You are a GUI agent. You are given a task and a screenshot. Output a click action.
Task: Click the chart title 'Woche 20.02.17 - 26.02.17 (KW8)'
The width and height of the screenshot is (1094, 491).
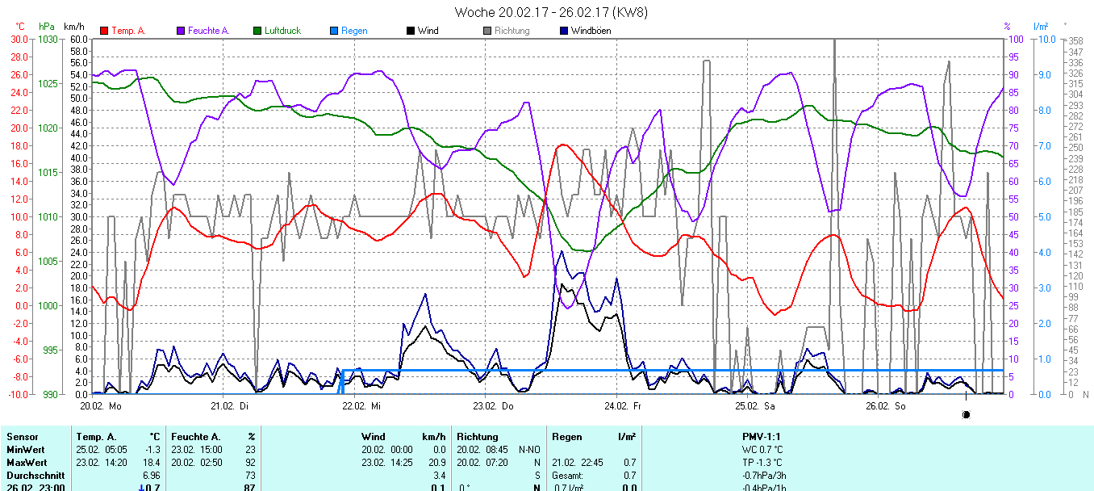pyautogui.click(x=550, y=12)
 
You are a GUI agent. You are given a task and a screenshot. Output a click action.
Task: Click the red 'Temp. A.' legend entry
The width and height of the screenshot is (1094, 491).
pyautogui.click(x=127, y=31)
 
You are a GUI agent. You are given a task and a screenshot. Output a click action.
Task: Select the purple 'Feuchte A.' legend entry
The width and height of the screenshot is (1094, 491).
pyautogui.click(x=208, y=31)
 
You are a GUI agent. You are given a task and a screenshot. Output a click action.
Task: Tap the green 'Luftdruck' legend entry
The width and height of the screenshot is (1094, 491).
pyautogui.click(x=282, y=31)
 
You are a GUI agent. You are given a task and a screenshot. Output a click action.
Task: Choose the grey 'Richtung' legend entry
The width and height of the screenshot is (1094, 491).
pyautogui.click(x=512, y=31)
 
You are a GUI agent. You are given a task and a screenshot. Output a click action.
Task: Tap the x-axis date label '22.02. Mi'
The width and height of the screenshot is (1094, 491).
pyautogui.click(x=361, y=406)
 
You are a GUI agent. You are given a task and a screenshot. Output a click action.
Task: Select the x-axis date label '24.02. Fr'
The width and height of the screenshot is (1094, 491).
pyautogui.click(x=622, y=406)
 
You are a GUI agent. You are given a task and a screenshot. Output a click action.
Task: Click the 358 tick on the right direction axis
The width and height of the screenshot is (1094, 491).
pyautogui.click(x=1075, y=41)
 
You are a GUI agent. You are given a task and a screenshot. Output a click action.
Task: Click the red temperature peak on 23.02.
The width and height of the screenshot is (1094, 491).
pyautogui.click(x=562, y=145)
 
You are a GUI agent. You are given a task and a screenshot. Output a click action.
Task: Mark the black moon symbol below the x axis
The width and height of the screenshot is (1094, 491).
pyautogui.click(x=966, y=415)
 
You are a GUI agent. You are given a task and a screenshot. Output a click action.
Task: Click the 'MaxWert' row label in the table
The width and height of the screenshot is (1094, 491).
pyautogui.click(x=25, y=462)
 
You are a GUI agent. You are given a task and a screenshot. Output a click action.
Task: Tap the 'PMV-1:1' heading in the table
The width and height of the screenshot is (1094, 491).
pyautogui.click(x=762, y=437)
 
